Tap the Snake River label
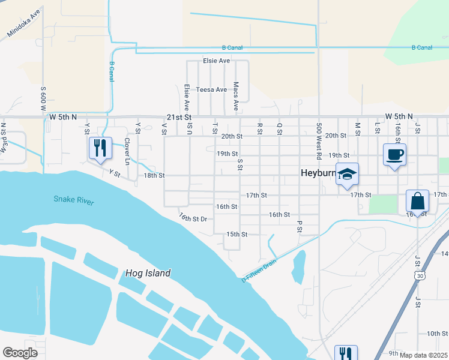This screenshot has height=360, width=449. tap(73, 200)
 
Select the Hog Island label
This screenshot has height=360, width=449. tap(148, 273)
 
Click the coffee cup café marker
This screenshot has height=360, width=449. tap(394, 155)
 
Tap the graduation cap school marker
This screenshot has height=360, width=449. tap(347, 175)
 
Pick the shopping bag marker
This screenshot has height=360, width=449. tap(417, 202)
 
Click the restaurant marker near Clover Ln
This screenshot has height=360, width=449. tap(100, 148)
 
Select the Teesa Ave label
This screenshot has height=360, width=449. tap(212, 89)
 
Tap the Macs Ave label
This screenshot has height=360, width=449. tap(236, 96)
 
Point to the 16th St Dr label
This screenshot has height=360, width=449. tap(193, 217)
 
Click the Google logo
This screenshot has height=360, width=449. tap(20, 353)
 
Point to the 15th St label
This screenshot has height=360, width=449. tap(237, 234)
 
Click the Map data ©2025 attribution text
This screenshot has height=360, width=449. tap(423, 355)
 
